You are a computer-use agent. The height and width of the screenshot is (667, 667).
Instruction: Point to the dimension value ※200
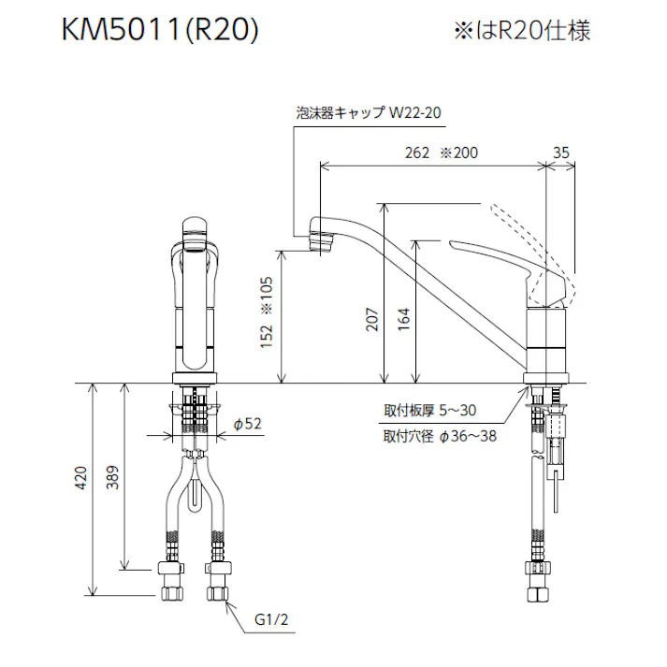point(459,153)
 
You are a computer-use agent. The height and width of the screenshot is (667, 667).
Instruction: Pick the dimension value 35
point(561,153)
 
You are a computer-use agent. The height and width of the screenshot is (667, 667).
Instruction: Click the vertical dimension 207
point(373,321)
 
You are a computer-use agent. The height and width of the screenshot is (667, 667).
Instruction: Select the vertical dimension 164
point(404,321)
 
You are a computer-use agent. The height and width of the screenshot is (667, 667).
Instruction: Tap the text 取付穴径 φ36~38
point(440,436)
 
